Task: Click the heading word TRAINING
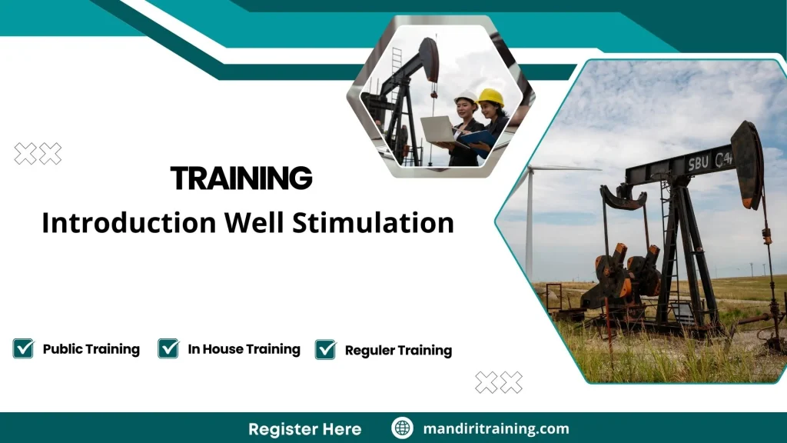tap(241, 178)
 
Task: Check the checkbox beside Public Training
tap(24, 348)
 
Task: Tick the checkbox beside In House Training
tap(168, 348)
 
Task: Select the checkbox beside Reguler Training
tap(325, 349)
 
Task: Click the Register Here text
tap(304, 428)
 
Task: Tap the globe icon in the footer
tap(402, 428)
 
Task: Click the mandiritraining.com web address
tap(496, 428)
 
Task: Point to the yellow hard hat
tap(490, 97)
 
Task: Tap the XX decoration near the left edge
tap(38, 154)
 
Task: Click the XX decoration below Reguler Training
tap(499, 382)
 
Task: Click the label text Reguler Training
tap(398, 351)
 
